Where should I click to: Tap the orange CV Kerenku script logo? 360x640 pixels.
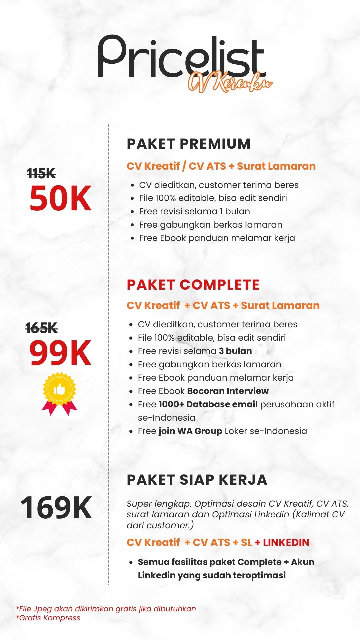click(x=230, y=82)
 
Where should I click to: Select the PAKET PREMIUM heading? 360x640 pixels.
click(x=188, y=144)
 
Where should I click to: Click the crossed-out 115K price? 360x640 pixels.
click(x=42, y=173)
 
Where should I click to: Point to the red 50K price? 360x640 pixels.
click(x=60, y=199)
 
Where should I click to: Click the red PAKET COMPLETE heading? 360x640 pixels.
click(x=193, y=285)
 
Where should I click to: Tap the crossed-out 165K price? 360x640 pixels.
click(x=42, y=328)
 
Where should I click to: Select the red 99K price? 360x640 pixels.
click(x=60, y=353)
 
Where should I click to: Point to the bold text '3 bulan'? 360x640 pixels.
click(x=235, y=351)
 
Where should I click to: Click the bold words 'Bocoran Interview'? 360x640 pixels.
click(x=228, y=391)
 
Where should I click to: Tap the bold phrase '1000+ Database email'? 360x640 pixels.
click(x=208, y=404)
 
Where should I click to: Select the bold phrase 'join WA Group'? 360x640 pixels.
click(x=190, y=431)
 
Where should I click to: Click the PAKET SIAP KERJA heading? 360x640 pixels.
click(x=197, y=480)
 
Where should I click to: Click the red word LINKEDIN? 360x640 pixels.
click(x=286, y=543)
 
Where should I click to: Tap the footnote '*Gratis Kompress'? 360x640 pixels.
click(x=48, y=618)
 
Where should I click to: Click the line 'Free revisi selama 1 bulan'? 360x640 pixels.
click(x=194, y=211)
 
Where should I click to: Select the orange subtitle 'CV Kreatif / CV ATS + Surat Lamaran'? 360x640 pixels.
click(x=221, y=166)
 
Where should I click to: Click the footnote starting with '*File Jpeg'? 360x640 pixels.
click(x=106, y=609)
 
